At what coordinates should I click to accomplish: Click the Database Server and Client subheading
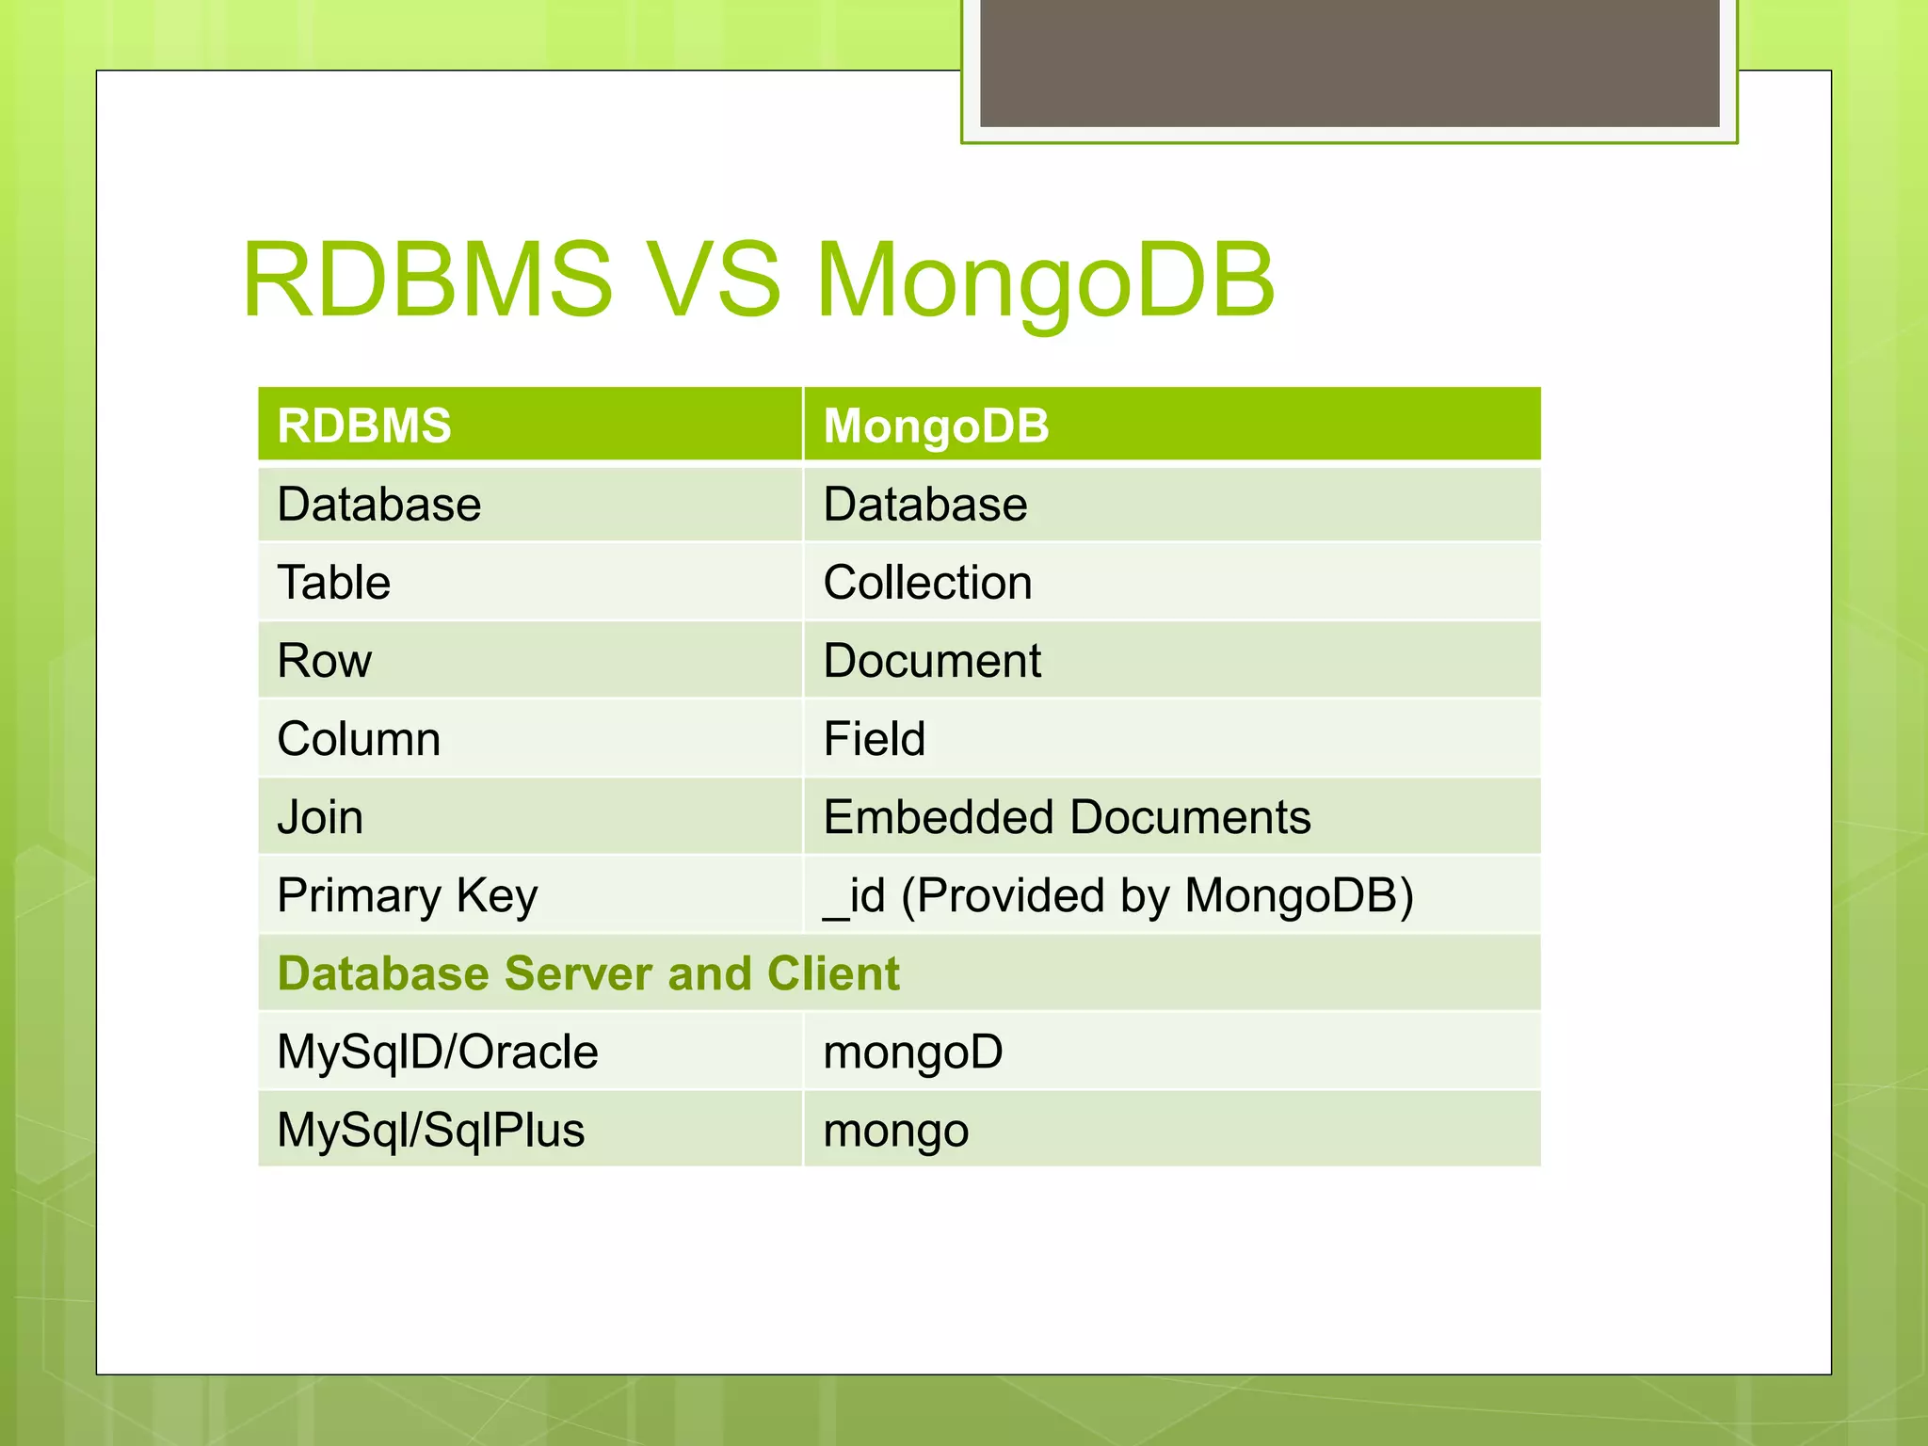588,973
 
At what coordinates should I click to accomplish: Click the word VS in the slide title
715,281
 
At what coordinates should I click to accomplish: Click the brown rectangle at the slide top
1349,62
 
